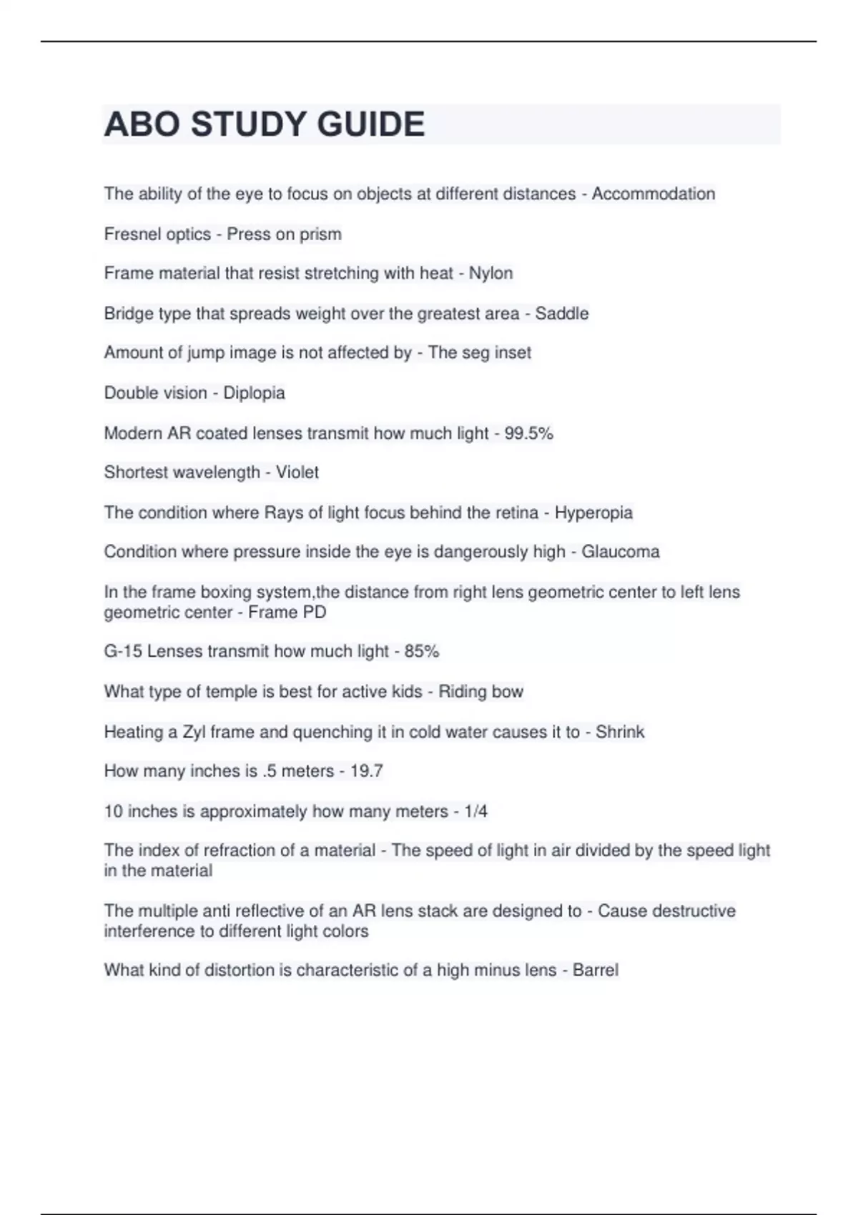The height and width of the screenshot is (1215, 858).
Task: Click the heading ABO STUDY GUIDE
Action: click(265, 124)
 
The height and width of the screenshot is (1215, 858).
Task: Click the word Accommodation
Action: click(653, 194)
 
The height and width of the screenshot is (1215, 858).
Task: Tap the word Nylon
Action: click(490, 273)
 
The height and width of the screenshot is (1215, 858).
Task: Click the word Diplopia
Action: click(254, 392)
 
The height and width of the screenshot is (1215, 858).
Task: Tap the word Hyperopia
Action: click(593, 512)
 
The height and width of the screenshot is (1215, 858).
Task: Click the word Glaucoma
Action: click(620, 552)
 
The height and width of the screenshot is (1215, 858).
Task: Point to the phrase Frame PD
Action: click(287, 613)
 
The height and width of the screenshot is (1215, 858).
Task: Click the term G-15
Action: click(123, 651)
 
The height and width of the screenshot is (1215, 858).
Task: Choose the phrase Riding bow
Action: click(480, 692)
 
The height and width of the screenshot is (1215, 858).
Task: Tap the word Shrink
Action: click(619, 732)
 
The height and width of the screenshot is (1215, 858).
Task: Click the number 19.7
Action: click(366, 771)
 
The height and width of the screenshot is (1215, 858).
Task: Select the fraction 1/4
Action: click(475, 811)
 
